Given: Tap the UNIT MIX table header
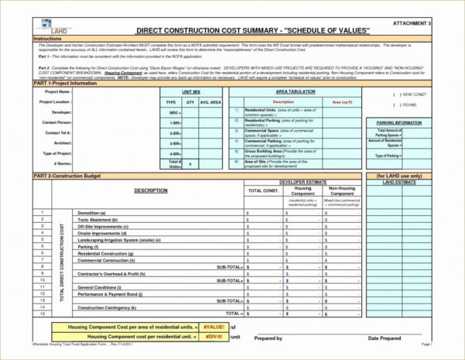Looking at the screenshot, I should point(190,91).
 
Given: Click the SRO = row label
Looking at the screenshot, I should point(175,112).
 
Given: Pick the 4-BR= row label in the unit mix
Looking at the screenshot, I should point(175,153).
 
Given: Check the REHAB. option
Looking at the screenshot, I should point(402,105).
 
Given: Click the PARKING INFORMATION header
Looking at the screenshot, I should point(398,122).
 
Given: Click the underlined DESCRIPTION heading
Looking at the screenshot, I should point(150,190).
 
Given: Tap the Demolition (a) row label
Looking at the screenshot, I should point(93,211).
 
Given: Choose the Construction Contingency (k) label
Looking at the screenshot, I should point(108,307).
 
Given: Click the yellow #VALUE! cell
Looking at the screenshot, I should point(211,327).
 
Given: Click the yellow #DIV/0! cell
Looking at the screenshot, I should point(211,337).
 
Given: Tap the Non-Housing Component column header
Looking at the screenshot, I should point(342,190).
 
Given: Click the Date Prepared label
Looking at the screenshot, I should point(383,338).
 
